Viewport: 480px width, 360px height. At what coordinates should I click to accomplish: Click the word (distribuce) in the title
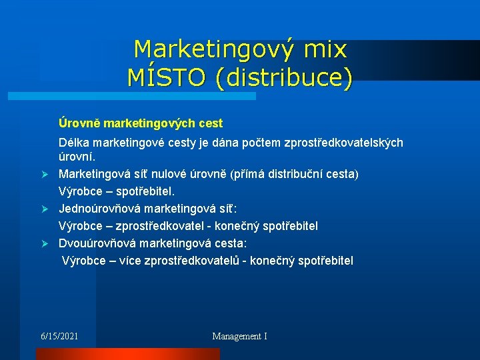(283, 77)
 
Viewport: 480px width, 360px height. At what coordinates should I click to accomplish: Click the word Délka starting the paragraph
(75, 143)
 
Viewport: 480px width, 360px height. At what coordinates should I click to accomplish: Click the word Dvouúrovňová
(97, 243)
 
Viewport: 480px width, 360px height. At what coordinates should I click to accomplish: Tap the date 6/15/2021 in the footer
(59, 336)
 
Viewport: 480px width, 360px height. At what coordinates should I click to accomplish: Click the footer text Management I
(239, 336)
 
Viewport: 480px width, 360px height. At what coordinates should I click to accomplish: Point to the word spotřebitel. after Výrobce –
(145, 191)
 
